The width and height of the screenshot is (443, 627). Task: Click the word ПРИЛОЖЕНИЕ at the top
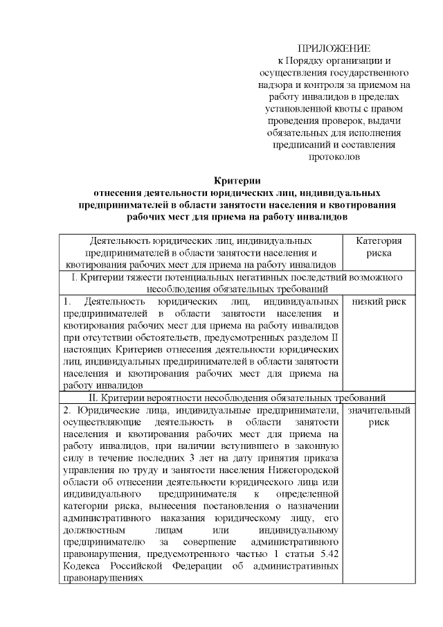pos(334,48)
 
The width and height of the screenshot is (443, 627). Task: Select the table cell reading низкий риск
pos(378,301)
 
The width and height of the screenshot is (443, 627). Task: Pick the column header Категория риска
pos(378,247)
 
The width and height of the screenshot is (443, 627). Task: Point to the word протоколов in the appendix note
pos(333,157)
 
